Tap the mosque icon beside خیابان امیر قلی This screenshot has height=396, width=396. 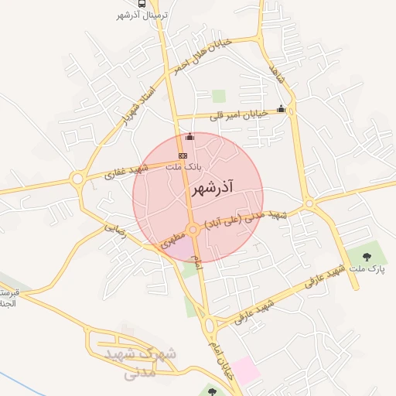pos(281,109)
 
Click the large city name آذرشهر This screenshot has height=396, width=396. pos(210,188)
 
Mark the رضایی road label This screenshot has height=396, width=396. pos(115,227)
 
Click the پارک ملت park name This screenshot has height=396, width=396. pos(370,268)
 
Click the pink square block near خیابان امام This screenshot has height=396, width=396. pos(247,369)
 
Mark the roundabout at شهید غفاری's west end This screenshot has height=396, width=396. pos(77,180)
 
